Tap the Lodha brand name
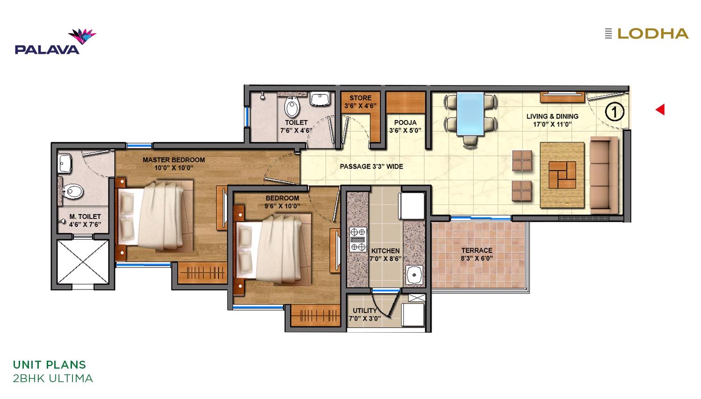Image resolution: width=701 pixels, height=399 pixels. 653,34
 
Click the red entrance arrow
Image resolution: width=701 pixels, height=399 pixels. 660,109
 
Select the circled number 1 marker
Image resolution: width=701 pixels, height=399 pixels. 615,112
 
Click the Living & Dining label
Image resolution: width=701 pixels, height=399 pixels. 552,116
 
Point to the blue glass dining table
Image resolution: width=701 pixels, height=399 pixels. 470,114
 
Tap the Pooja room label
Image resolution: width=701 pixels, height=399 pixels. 405,122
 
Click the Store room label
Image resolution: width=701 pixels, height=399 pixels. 360,98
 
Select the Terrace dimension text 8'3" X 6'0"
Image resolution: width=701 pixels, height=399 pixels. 477,258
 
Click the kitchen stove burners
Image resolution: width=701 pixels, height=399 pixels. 358,239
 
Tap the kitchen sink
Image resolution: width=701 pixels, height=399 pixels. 415,275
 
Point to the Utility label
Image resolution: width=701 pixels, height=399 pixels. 365,310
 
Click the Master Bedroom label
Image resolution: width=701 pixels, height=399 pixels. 174,160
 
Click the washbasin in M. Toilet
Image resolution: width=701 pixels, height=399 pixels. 65,163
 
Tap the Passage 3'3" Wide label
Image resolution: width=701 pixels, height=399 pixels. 372,166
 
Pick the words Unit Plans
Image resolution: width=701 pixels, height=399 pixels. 50,365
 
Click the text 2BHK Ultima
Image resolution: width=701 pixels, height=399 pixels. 53,378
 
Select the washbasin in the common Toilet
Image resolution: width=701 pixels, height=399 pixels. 320,99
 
